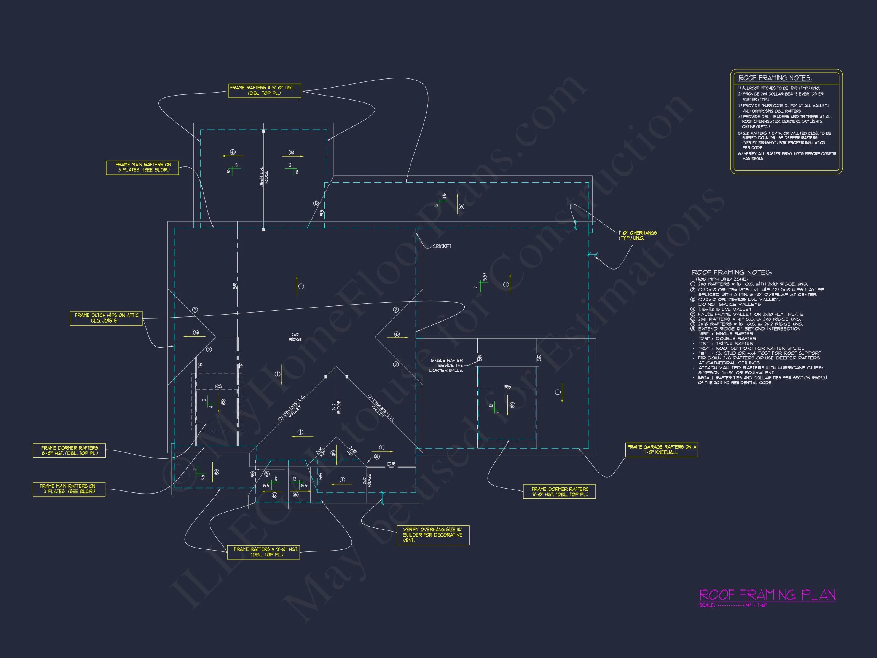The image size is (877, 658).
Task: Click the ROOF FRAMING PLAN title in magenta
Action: [767, 595]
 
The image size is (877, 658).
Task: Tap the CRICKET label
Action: [442, 246]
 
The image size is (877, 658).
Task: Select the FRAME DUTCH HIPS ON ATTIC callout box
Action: [106, 318]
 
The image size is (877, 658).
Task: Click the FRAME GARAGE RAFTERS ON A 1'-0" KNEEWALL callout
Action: [661, 449]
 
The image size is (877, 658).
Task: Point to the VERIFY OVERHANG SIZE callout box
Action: [433, 535]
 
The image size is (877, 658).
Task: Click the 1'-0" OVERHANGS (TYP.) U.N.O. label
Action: [637, 235]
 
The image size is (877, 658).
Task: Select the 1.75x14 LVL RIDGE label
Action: [264, 177]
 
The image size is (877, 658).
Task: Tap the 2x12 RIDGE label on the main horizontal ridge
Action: [295, 337]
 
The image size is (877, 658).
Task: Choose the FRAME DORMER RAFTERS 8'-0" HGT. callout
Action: [69, 450]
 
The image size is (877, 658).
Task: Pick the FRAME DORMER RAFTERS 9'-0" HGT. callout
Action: [559, 492]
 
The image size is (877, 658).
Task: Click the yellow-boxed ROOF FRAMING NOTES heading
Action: [775, 78]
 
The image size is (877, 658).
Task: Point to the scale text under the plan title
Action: [733, 605]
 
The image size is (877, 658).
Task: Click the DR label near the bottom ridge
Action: [391, 464]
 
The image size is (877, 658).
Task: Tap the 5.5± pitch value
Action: [485, 276]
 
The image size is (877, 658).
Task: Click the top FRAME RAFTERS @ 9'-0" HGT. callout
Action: [265, 90]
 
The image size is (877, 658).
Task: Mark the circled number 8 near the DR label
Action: [377, 457]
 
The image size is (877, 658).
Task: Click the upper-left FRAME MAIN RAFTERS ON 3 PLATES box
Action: [142, 168]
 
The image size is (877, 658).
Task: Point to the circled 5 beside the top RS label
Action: [316, 203]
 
